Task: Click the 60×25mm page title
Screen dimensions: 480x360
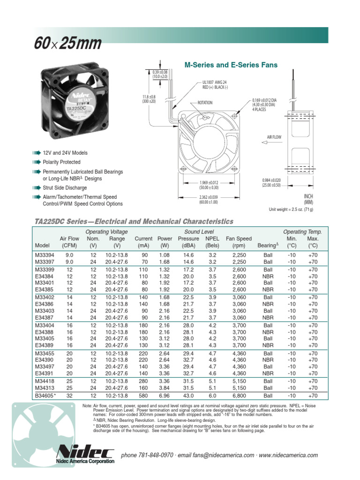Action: pos(67,44)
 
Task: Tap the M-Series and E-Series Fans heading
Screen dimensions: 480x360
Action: pos(231,65)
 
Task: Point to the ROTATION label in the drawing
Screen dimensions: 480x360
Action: pos(204,103)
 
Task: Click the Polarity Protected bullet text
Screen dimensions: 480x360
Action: pos(61,162)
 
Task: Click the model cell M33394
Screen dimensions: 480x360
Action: pos(45,255)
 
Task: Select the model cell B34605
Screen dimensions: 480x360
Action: pos(45,396)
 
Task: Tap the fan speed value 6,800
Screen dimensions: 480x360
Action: pos(239,396)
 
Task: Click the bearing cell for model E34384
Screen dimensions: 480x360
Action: pos(268,276)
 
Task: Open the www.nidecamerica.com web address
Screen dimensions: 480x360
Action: pos(288,455)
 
